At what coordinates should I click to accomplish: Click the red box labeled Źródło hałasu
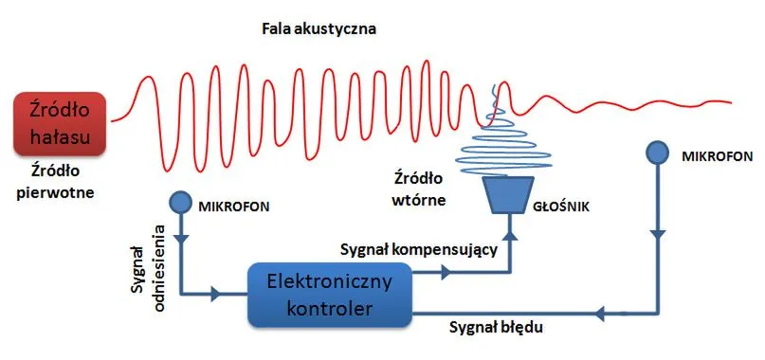[x=59, y=123]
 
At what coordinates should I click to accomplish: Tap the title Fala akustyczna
[x=320, y=29]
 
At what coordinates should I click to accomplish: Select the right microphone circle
[x=654, y=153]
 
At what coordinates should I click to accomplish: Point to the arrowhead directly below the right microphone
[x=654, y=231]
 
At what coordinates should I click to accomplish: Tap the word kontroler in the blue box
[x=329, y=308]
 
